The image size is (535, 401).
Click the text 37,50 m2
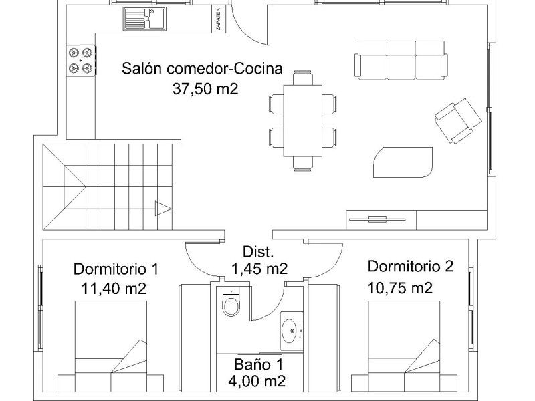(x=205, y=89)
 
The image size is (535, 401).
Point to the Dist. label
(x=258, y=252)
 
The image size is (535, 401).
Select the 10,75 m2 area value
(x=400, y=288)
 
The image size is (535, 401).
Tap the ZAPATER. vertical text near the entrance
(x=219, y=19)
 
